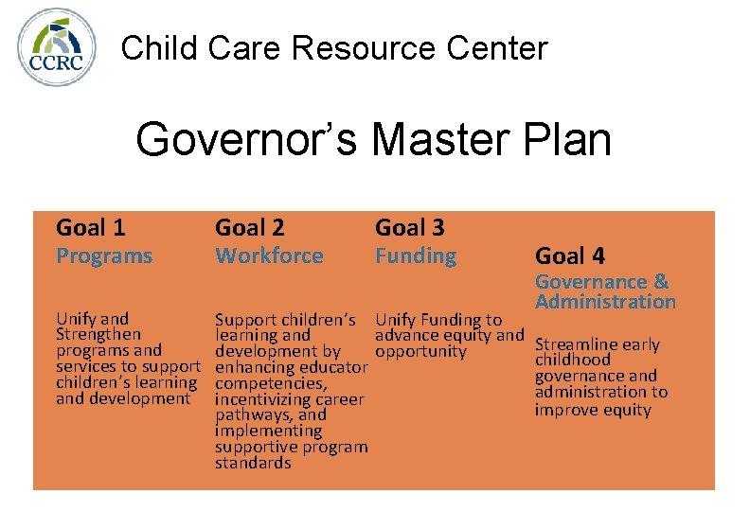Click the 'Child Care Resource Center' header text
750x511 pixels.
pyautogui.click(x=334, y=47)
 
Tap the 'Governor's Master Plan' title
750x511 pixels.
pyautogui.click(x=373, y=139)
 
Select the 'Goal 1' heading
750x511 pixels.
pyautogui.click(x=91, y=227)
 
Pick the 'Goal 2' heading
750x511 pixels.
pyautogui.click(x=250, y=227)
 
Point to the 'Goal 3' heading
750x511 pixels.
pyautogui.click(x=410, y=227)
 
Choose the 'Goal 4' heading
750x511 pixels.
pyautogui.click(x=570, y=255)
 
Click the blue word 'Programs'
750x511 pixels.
pyautogui.click(x=104, y=255)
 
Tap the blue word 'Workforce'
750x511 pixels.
pyautogui.click(x=269, y=255)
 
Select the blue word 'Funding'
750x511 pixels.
pyautogui.click(x=416, y=255)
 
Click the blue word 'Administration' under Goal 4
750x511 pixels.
pyautogui.click(x=605, y=302)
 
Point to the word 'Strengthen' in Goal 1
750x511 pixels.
pyautogui.click(x=98, y=334)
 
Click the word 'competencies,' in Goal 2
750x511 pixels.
pyautogui.click(x=271, y=383)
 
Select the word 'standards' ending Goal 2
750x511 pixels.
pyautogui.click(x=253, y=463)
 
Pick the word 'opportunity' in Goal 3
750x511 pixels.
pyautogui.click(x=420, y=351)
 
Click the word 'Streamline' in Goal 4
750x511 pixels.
pyautogui.click(x=577, y=344)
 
